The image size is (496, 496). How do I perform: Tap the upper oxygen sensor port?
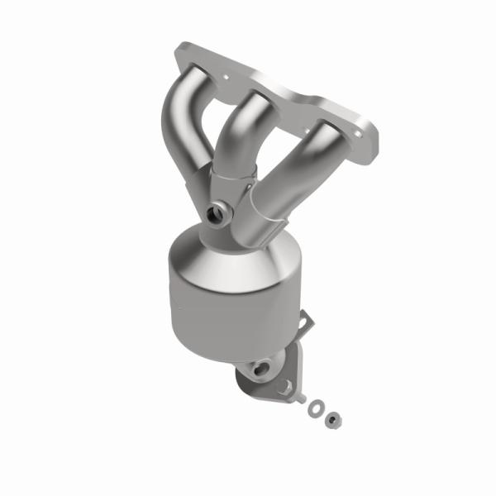click(221, 212)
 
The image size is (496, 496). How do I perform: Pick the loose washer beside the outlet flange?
click(316, 406)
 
